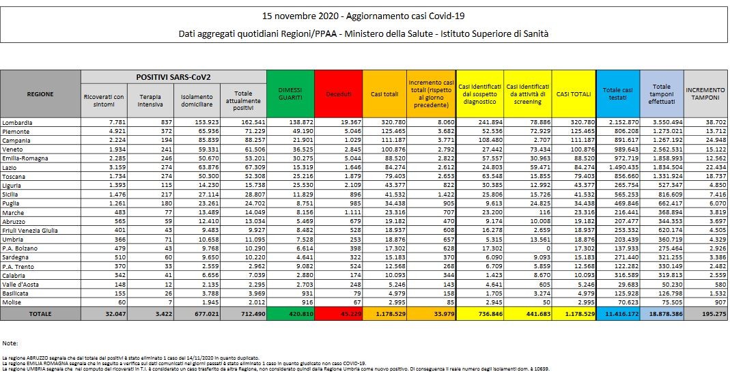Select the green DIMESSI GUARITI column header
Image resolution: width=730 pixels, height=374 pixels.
pos(290,93)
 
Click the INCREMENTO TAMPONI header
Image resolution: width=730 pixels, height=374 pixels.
pos(705,93)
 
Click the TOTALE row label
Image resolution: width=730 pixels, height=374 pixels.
pos(39,314)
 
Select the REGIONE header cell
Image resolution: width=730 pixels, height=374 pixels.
pos(39,93)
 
